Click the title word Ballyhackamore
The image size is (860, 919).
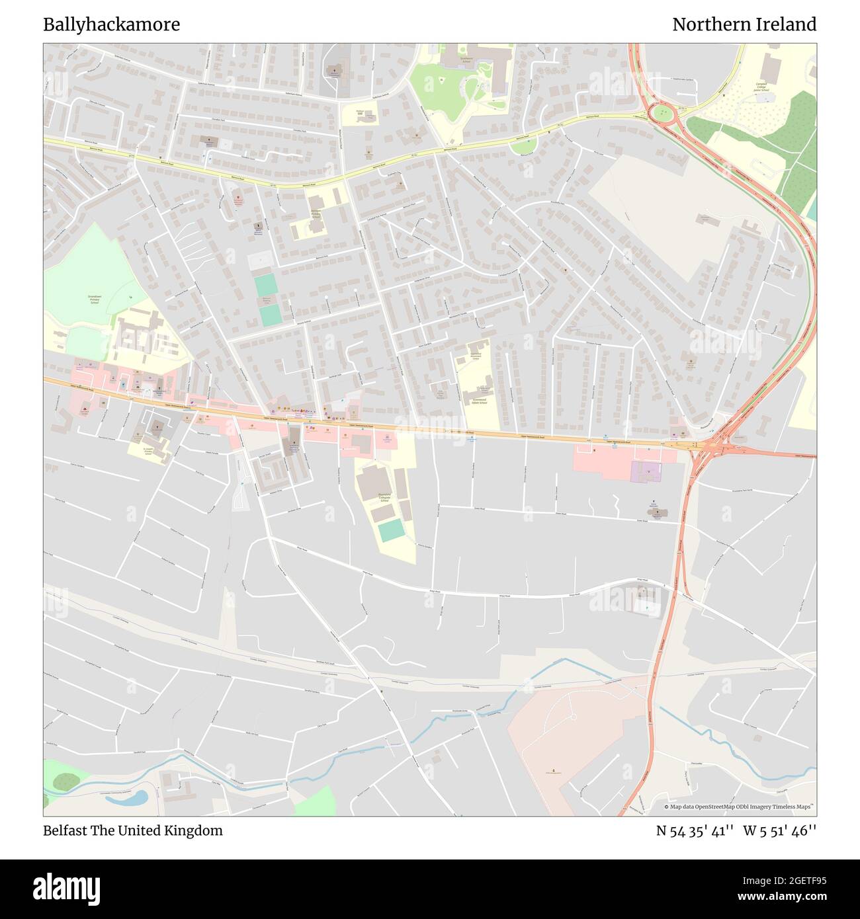pos(111,25)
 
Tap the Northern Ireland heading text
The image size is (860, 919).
pos(744,25)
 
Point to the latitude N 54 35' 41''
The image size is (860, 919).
pos(695,830)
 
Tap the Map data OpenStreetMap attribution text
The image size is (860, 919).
pos(740,807)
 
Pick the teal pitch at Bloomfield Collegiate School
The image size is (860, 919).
pos(392,530)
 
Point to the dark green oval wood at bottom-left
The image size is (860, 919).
pos(66,782)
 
